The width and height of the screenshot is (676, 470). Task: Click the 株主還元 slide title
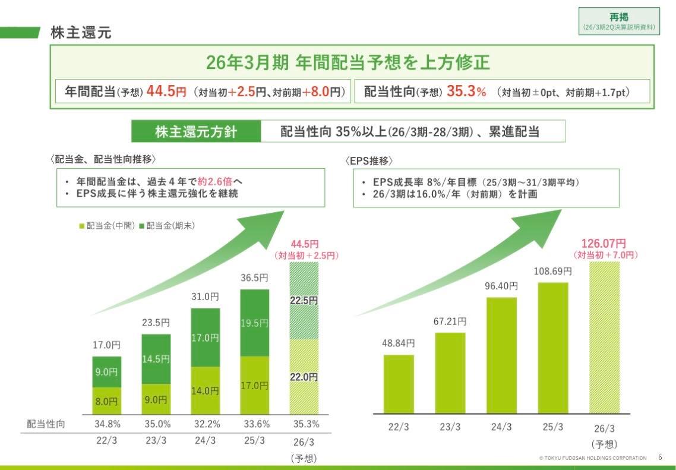pyautogui.click(x=81, y=33)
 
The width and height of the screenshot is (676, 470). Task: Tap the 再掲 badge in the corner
pyautogui.click(x=619, y=21)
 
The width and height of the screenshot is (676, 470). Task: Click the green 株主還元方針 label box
pyautogui.click(x=195, y=131)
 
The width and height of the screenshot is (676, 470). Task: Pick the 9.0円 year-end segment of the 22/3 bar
pyautogui.click(x=107, y=372)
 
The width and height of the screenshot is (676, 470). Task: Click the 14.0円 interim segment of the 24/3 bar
pyautogui.click(x=206, y=390)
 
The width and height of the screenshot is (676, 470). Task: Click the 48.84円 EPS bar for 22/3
pyautogui.click(x=399, y=383)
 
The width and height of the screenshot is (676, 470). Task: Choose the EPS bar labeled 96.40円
pyautogui.click(x=501, y=355)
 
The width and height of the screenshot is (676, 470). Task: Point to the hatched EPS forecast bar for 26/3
pyautogui.click(x=604, y=337)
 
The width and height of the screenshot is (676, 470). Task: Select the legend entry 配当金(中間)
pyautogui.click(x=106, y=225)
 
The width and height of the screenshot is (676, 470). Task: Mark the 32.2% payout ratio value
pyautogui.click(x=207, y=424)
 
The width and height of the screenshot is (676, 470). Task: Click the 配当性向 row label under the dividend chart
pyautogui.click(x=46, y=424)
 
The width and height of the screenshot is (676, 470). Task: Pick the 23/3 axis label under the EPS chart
pyautogui.click(x=450, y=427)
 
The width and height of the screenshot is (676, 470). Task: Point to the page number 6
pyautogui.click(x=661, y=458)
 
